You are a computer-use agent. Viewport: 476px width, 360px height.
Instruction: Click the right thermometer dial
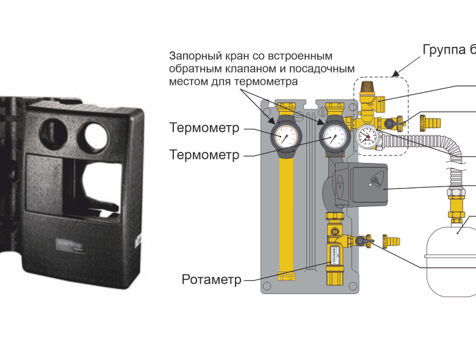click(x=334, y=135)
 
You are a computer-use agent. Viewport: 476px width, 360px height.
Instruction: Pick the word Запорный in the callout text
click(x=194, y=56)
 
